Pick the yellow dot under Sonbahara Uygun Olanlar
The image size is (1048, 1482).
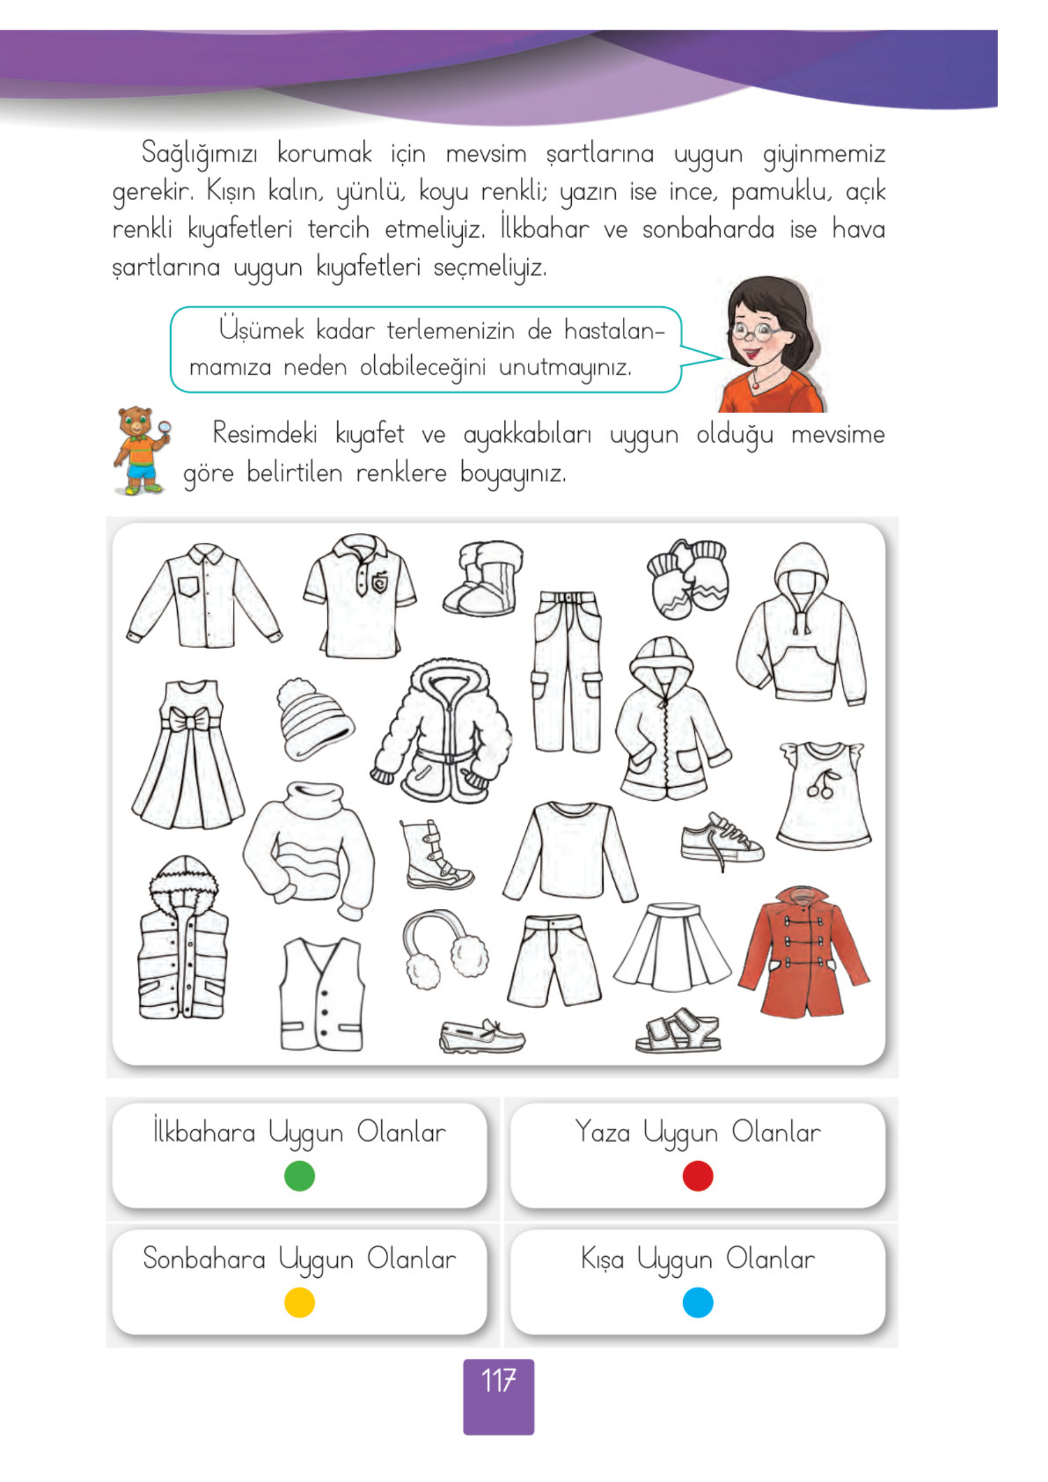point(300,1302)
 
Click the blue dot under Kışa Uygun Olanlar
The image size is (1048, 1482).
point(697,1302)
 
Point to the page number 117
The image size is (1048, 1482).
point(498,1381)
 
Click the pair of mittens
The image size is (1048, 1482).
point(688,578)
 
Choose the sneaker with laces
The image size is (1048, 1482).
point(721,840)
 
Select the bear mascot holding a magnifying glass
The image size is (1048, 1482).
point(141,450)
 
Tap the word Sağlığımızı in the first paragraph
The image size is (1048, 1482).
point(199,154)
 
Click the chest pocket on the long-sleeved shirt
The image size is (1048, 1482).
point(188,586)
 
